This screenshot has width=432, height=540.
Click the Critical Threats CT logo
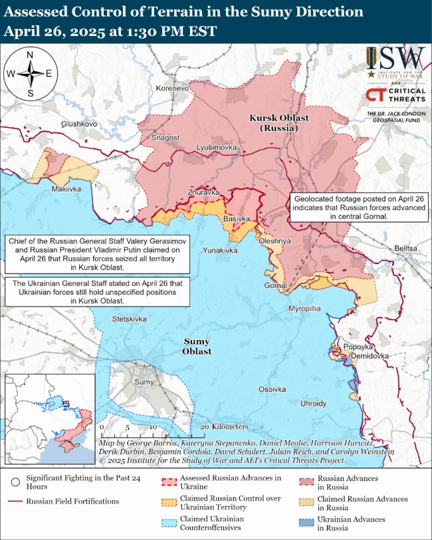tap(374, 95)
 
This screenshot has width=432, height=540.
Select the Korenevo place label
tap(172, 88)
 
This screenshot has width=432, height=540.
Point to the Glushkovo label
tap(79, 124)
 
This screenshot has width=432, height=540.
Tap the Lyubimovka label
tap(216, 146)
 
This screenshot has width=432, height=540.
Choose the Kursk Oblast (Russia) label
tap(278, 122)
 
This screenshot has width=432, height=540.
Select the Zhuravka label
tap(203, 192)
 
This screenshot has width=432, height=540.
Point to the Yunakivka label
tap(219, 250)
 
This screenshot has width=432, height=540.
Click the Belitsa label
tap(405, 247)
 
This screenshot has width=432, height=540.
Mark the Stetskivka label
tap(129, 319)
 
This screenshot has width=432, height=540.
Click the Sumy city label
tap(144, 382)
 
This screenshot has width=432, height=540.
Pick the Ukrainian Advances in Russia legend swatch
tap(305, 522)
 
